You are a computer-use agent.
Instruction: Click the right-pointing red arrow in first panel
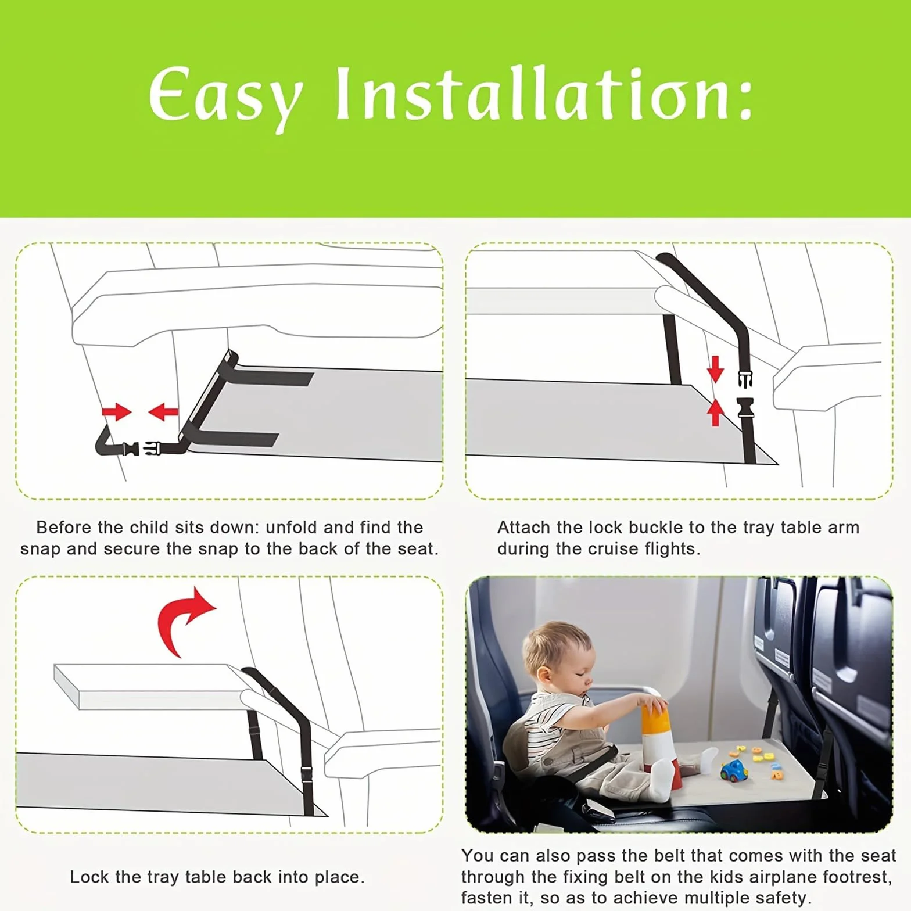pyautogui.click(x=117, y=412)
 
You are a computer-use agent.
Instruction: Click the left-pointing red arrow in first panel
pyautogui.click(x=163, y=413)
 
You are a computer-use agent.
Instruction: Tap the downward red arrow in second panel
pyautogui.click(x=715, y=369)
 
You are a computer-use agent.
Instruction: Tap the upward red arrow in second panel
pyautogui.click(x=716, y=412)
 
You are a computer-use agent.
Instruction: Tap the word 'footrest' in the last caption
pyautogui.click(x=855, y=876)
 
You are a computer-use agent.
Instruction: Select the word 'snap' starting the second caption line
pyautogui.click(x=40, y=550)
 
